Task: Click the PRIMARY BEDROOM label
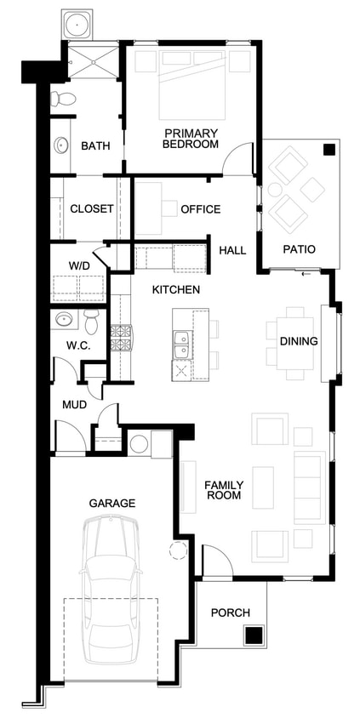(191, 139)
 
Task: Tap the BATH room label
(95, 146)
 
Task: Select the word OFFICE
(201, 209)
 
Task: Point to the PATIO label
(299, 249)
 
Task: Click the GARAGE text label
(112, 504)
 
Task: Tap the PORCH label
(231, 613)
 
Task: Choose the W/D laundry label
(80, 266)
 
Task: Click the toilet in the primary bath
(63, 99)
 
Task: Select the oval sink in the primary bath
(61, 145)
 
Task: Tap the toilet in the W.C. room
(92, 321)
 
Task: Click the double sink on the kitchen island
(182, 345)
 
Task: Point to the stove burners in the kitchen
(122, 338)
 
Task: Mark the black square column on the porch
(253, 636)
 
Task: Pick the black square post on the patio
(329, 150)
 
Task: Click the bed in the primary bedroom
(192, 85)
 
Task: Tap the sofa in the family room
(310, 487)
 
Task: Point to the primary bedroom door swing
(238, 158)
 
